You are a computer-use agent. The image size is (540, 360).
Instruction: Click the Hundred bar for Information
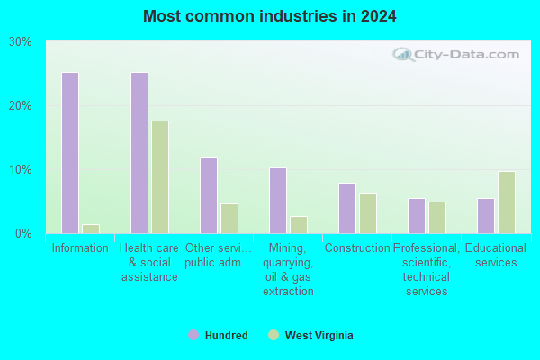pos(70,153)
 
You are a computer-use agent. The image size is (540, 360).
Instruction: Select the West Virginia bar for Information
pos(91,229)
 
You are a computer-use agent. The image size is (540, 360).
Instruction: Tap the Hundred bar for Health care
pos(139,153)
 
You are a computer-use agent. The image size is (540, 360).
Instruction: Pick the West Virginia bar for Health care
pos(160,177)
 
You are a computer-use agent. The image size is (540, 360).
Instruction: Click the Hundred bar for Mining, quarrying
pos(278,201)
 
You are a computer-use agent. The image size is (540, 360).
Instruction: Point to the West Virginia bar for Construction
pos(368,213)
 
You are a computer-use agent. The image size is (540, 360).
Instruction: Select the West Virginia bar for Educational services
pos(507,202)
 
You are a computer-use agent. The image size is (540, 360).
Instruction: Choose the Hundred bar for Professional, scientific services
pos(417,216)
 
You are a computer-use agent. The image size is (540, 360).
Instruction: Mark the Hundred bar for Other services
pos(209,195)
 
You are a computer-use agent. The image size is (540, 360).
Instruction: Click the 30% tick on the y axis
pos(21,42)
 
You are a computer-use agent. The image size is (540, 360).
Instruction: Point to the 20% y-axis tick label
pos(21,106)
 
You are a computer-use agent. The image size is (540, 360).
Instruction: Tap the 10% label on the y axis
pos(21,169)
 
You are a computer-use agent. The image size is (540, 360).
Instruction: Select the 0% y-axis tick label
pos(23,234)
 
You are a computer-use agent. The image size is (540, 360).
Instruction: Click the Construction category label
pos(357,247)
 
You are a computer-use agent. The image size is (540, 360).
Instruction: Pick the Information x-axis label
pos(80,247)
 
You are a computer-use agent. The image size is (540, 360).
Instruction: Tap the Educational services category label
pos(496,255)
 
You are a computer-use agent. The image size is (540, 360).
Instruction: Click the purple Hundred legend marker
pos(193,335)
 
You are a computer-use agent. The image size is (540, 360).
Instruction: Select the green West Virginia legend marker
pos(274,335)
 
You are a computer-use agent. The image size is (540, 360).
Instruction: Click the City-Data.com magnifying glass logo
pos(403,54)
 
